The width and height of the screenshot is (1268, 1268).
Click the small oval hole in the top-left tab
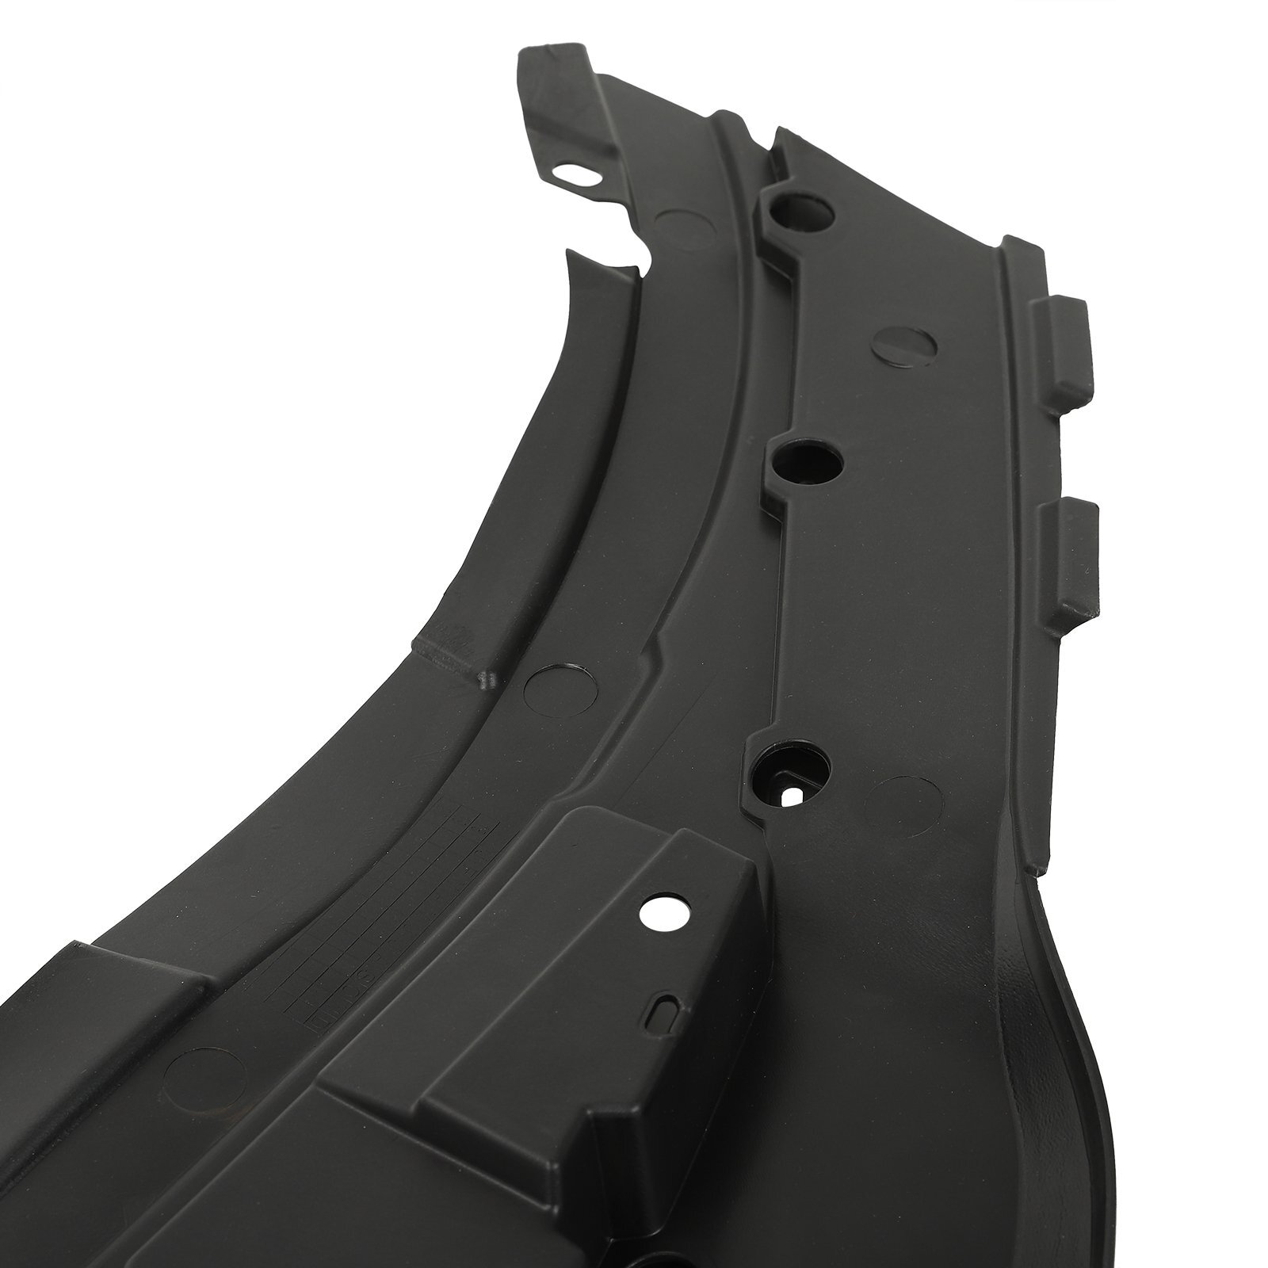click(x=570, y=174)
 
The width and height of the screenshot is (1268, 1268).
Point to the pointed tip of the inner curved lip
click(x=569, y=255)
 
